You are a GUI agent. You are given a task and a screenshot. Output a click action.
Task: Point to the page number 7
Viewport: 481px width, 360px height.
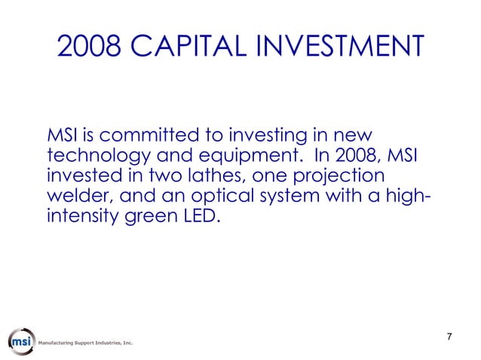pos(449,336)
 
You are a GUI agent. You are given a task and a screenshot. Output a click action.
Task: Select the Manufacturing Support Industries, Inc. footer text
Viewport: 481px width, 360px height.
pos(85,343)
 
